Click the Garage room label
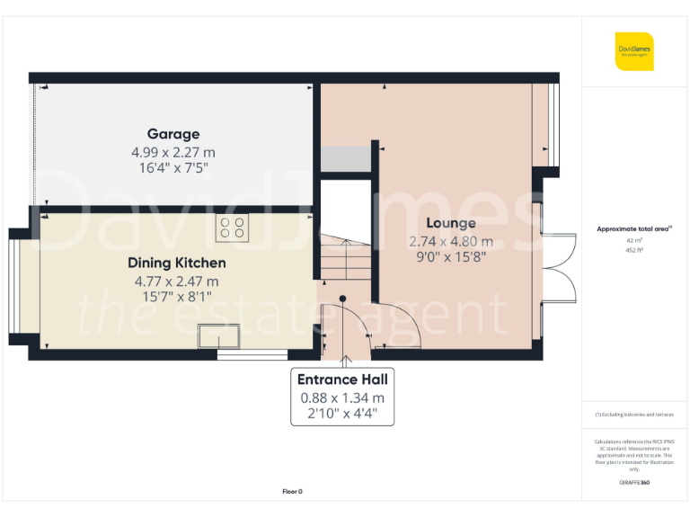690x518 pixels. pyautogui.click(x=173, y=134)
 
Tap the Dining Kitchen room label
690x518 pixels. pyautogui.click(x=176, y=263)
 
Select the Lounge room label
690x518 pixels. pyautogui.click(x=451, y=223)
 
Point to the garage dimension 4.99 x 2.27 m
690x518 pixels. pyautogui.click(x=173, y=153)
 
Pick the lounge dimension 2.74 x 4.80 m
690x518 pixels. pyautogui.click(x=451, y=241)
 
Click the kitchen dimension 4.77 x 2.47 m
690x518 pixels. pyautogui.click(x=176, y=281)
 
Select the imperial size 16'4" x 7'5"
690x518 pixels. pyautogui.click(x=173, y=169)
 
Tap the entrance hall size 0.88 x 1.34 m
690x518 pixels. pyautogui.click(x=341, y=397)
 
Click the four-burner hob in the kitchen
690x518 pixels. pyautogui.click(x=232, y=228)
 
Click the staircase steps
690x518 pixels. pyautogui.click(x=346, y=261)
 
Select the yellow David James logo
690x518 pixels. pyautogui.click(x=634, y=51)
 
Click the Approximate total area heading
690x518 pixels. pyautogui.click(x=632, y=229)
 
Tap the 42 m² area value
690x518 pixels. pyautogui.click(x=633, y=241)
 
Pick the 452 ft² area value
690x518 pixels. pyautogui.click(x=633, y=251)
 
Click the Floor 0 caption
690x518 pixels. pyautogui.click(x=292, y=491)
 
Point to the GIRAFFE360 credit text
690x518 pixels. pyautogui.click(x=634, y=483)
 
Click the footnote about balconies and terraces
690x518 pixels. pyautogui.click(x=633, y=415)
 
